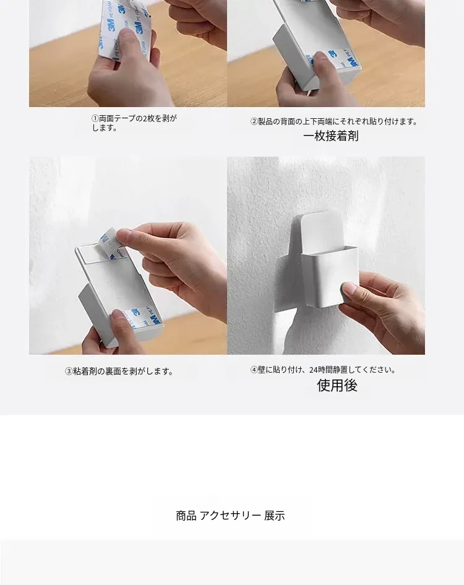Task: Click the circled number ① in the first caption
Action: tap(95, 119)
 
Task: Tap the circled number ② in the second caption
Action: tap(254, 121)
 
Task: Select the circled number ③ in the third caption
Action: tap(69, 371)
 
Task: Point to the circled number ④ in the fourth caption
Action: tap(254, 370)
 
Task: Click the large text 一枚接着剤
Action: tap(331, 136)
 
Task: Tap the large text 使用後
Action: tap(337, 386)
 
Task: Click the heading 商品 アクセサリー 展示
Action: tap(230, 516)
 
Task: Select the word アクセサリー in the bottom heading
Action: tap(230, 516)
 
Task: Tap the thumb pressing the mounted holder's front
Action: tap(350, 290)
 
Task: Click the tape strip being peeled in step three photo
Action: tap(112, 241)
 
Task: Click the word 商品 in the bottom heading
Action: tap(186, 516)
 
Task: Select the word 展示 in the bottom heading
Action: tap(275, 516)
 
